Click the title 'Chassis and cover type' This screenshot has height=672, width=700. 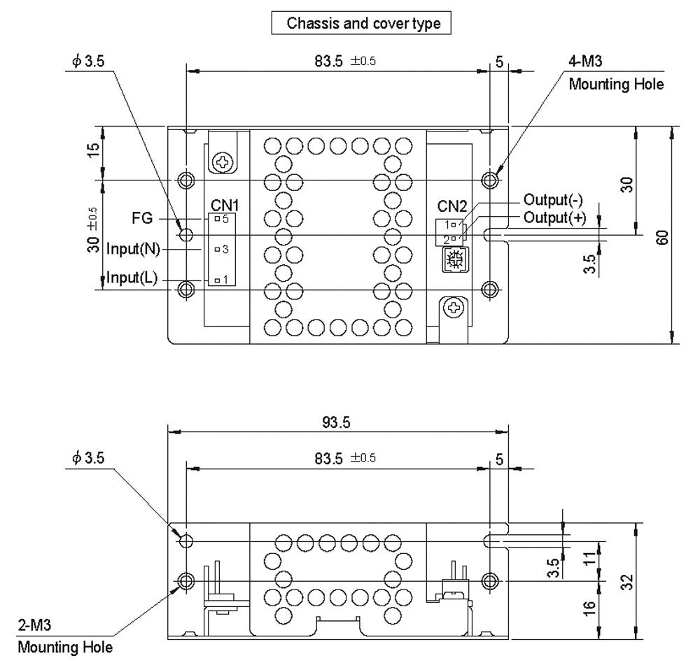pyautogui.click(x=363, y=24)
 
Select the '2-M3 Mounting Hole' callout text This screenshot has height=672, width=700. pyautogui.click(x=64, y=639)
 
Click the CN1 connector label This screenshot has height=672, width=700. pyautogui.click(x=225, y=205)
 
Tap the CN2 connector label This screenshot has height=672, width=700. pyautogui.click(x=451, y=206)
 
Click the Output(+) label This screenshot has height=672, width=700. pyautogui.click(x=554, y=217)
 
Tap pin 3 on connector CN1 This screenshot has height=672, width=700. pyautogui.click(x=218, y=249)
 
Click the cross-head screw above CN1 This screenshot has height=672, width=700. pyautogui.click(x=223, y=163)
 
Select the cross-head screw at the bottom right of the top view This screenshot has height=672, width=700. pyautogui.click(x=454, y=307)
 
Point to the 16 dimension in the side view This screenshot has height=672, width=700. pyautogui.click(x=589, y=608)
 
